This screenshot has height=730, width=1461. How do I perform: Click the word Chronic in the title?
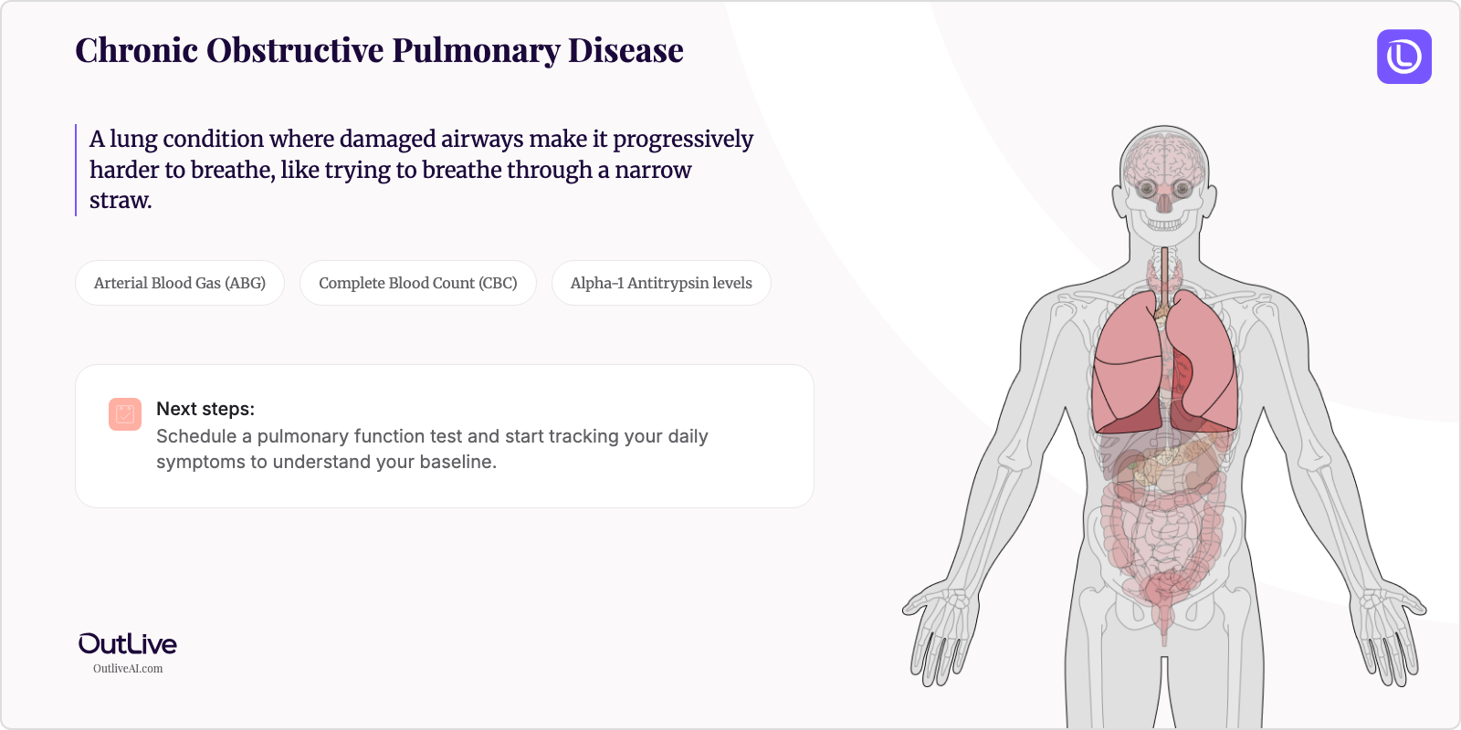[136, 51]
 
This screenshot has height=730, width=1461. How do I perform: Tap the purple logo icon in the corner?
[1403, 57]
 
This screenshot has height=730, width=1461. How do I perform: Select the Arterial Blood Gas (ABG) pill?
[180, 283]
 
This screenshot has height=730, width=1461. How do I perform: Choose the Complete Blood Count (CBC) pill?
[417, 283]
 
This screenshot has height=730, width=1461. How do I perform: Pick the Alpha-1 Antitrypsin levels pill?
[661, 283]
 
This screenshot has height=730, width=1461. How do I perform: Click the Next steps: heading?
[205, 409]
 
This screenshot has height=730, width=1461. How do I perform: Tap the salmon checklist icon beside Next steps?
[125, 414]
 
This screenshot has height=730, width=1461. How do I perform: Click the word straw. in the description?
[121, 201]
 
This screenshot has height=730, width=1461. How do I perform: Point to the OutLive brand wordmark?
[128, 643]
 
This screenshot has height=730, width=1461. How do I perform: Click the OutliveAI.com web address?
[128, 669]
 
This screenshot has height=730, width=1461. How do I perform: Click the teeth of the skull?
[1164, 223]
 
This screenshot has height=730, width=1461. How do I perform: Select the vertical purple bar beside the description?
[76, 170]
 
